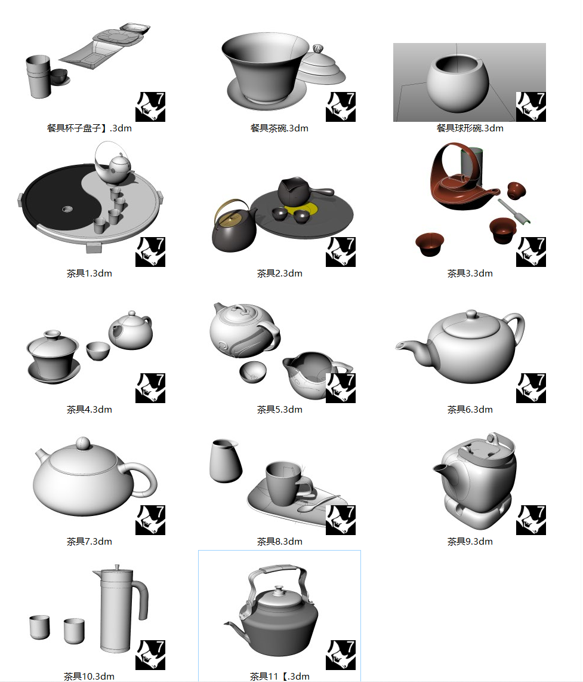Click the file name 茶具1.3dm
(x=90, y=274)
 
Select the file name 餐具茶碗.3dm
(x=279, y=128)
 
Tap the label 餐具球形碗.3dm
(x=470, y=128)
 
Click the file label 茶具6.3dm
(x=470, y=410)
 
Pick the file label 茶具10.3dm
(x=90, y=676)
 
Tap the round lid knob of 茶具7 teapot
(x=83, y=444)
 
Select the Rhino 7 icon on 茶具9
(x=530, y=520)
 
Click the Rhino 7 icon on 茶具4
(x=150, y=388)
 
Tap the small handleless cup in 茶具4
(x=98, y=351)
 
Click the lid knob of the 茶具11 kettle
(x=279, y=589)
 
